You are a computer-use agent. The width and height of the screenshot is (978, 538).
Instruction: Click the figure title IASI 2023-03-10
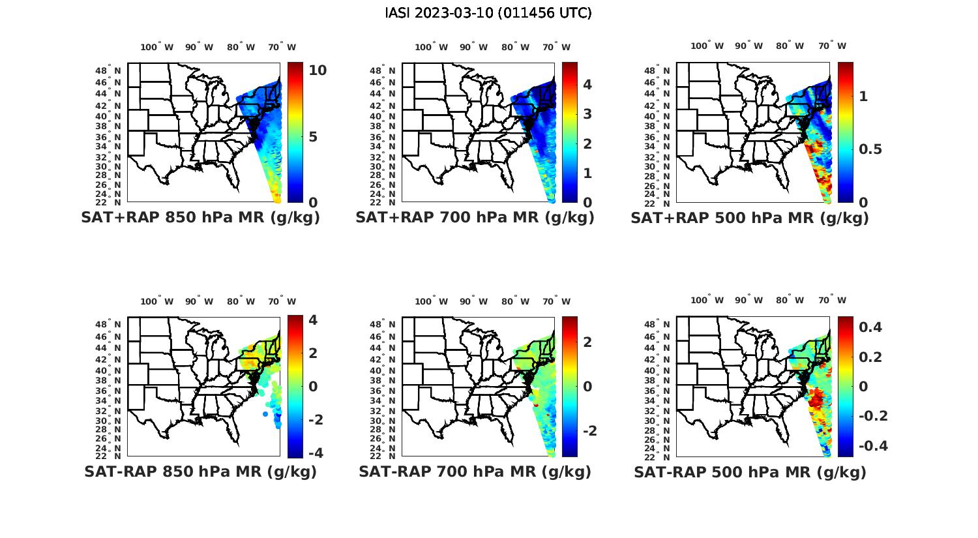click(488, 13)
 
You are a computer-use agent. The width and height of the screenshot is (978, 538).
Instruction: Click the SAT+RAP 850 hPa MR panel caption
click(200, 218)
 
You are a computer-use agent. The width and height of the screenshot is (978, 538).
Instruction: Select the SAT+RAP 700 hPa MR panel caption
click(475, 218)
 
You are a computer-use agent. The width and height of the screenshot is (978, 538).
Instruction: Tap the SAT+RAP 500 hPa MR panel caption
click(749, 218)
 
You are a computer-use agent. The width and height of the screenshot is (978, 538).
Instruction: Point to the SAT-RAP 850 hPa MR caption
click(200, 471)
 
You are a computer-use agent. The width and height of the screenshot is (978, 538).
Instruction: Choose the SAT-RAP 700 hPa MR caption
click(475, 471)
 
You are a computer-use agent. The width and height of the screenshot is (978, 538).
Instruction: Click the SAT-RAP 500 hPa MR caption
click(750, 471)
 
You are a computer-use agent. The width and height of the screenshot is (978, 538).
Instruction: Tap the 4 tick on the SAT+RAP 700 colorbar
click(587, 84)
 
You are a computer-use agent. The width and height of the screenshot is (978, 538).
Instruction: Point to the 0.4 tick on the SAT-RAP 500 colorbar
click(871, 327)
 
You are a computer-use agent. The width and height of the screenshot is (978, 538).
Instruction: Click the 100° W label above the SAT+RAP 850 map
click(157, 47)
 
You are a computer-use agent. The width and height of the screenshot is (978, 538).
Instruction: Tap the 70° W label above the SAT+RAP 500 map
click(833, 46)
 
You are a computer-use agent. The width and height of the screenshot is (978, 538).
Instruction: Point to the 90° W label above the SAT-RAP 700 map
click(474, 301)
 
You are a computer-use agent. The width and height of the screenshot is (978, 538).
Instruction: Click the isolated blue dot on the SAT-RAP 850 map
click(265, 414)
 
